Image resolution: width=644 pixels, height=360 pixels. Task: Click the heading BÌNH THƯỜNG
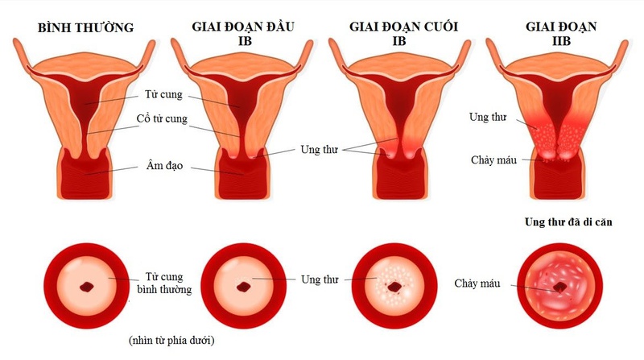point(85,27)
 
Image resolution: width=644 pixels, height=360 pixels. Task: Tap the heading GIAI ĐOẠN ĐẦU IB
point(243,33)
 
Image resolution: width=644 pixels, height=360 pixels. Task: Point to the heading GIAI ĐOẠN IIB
point(561,33)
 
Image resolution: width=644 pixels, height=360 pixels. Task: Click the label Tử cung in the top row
point(163,94)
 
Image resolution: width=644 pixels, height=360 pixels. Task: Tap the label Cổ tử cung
point(162,118)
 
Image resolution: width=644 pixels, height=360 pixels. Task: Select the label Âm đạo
point(164,166)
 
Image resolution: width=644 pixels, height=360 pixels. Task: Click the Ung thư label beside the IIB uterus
point(488,117)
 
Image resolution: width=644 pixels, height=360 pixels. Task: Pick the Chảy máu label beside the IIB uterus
point(493,159)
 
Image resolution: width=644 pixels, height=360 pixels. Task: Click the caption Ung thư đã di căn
point(568,222)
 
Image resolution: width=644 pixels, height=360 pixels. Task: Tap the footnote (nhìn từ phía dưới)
point(171,341)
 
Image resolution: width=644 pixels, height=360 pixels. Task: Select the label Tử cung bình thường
point(164,283)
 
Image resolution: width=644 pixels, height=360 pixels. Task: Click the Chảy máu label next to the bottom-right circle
point(477,283)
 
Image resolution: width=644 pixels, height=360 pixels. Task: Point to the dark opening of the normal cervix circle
point(87,287)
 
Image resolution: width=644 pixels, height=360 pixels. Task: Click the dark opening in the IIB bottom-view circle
point(559,287)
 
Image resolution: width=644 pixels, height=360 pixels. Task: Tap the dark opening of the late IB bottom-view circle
point(395,287)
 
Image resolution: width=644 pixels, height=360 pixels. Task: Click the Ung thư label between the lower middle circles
point(320,279)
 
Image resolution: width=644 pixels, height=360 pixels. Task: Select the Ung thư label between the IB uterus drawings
point(319,150)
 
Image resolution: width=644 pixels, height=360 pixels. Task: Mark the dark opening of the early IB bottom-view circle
point(244,287)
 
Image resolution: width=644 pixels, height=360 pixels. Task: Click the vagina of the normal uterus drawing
point(85,175)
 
